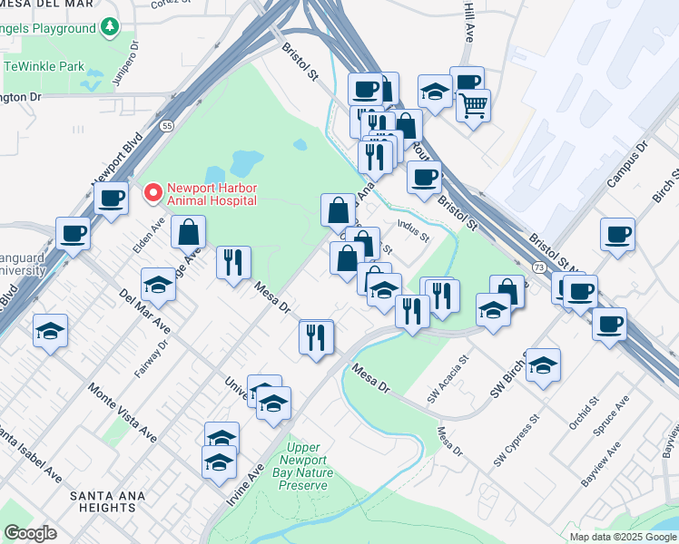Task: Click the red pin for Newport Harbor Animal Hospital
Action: click(153, 193)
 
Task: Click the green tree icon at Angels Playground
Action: click(111, 28)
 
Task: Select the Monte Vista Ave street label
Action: click(123, 413)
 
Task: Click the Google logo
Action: click(31, 533)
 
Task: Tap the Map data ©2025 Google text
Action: click(623, 537)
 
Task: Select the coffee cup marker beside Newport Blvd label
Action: click(112, 199)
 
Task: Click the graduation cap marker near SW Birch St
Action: click(543, 365)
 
